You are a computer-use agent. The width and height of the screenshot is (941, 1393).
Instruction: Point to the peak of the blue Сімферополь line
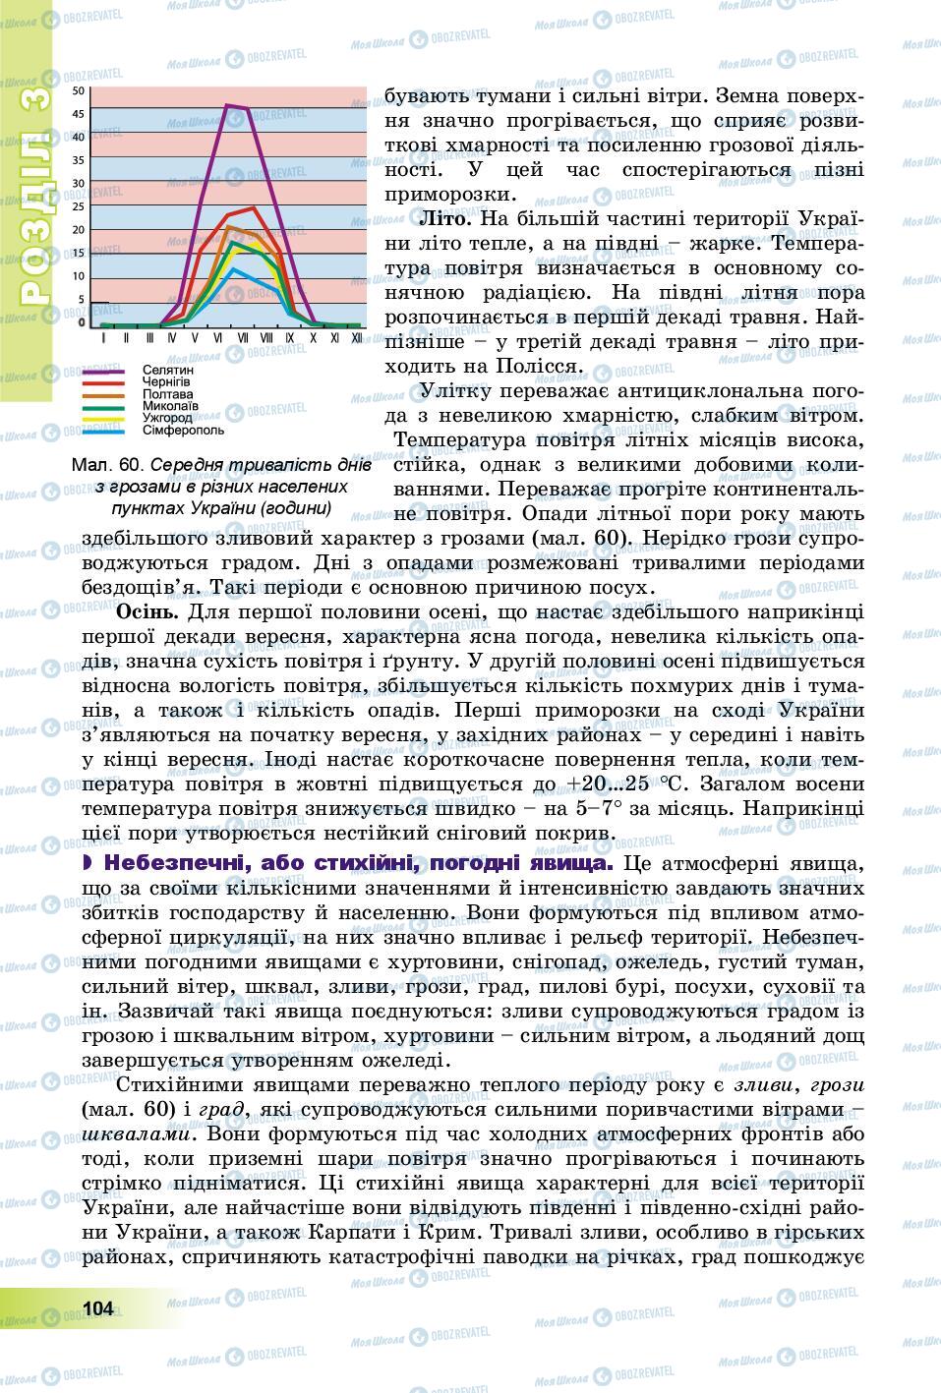pos(232,268)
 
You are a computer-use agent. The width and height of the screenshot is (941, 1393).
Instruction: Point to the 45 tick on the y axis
pos(80,113)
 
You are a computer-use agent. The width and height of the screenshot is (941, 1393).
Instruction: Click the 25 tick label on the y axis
pos(80,205)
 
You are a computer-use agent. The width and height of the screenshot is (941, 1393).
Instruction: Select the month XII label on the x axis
pos(356,337)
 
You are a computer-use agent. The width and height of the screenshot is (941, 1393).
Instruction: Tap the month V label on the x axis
pos(193,337)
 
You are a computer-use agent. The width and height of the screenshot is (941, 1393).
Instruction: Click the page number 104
pos(99,1307)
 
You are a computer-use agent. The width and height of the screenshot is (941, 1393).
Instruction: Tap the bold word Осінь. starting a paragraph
pos(147,612)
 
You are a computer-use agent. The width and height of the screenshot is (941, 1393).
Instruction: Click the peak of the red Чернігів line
pos(254,208)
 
